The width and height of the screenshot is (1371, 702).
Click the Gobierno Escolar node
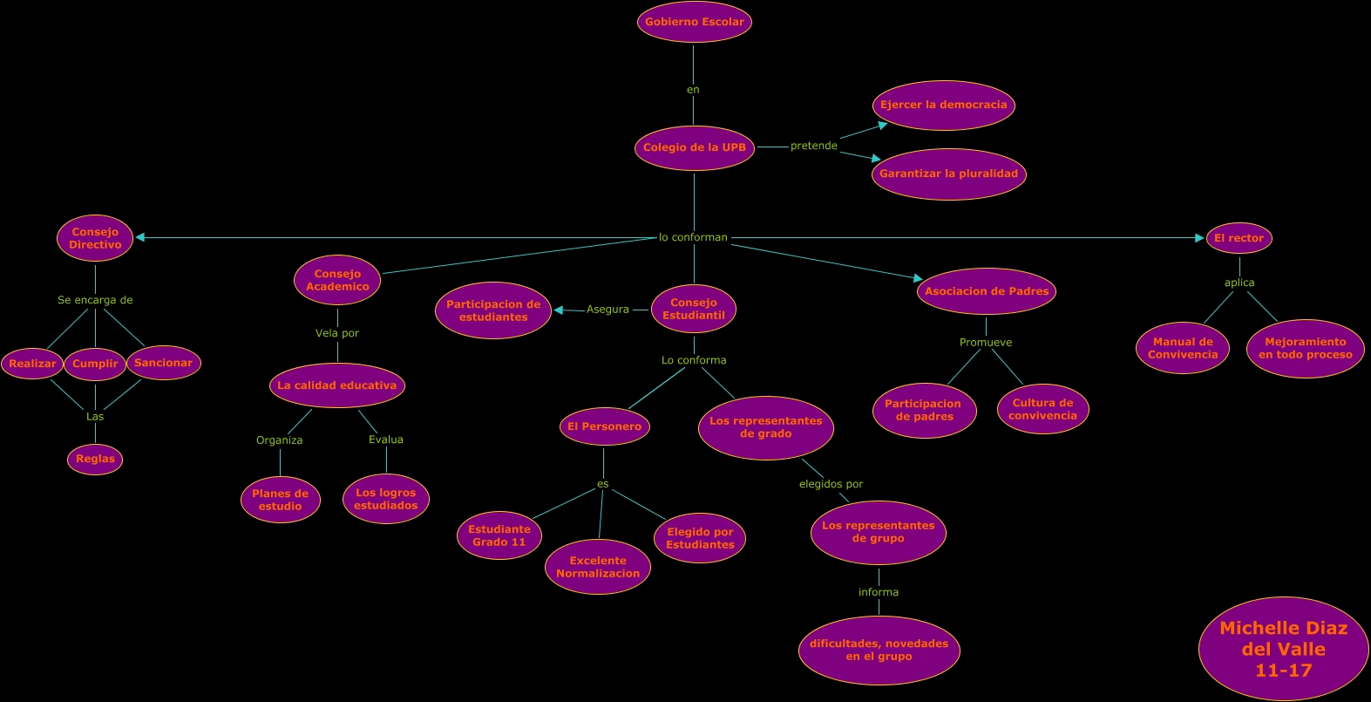click(694, 22)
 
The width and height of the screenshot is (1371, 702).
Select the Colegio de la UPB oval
click(694, 147)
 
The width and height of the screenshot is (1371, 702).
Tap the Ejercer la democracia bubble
click(943, 105)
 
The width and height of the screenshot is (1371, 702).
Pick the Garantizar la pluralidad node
click(948, 174)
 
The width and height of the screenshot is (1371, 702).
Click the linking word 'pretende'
click(813, 146)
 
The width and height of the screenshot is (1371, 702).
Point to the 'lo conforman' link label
click(693, 237)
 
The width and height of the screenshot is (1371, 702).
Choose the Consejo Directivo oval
click(95, 238)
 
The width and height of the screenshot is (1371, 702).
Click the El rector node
click(1239, 238)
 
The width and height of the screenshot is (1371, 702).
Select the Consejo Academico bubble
click(337, 280)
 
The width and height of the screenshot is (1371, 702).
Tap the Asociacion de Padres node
click(987, 291)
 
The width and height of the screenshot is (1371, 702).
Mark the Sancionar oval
click(164, 363)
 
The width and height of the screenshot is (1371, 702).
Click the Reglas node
click(95, 459)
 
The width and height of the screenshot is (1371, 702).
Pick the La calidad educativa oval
click(337, 385)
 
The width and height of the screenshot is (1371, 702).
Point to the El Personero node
click(604, 426)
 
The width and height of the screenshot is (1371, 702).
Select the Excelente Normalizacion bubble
click(598, 567)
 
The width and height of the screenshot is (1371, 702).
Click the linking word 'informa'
click(879, 592)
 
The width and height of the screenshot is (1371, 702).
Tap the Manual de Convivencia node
click(1183, 348)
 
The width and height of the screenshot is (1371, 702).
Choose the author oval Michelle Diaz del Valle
click(1283, 649)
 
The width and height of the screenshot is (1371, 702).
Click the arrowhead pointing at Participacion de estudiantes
click(559, 310)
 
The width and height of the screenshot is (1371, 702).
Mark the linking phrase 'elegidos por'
click(831, 484)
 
